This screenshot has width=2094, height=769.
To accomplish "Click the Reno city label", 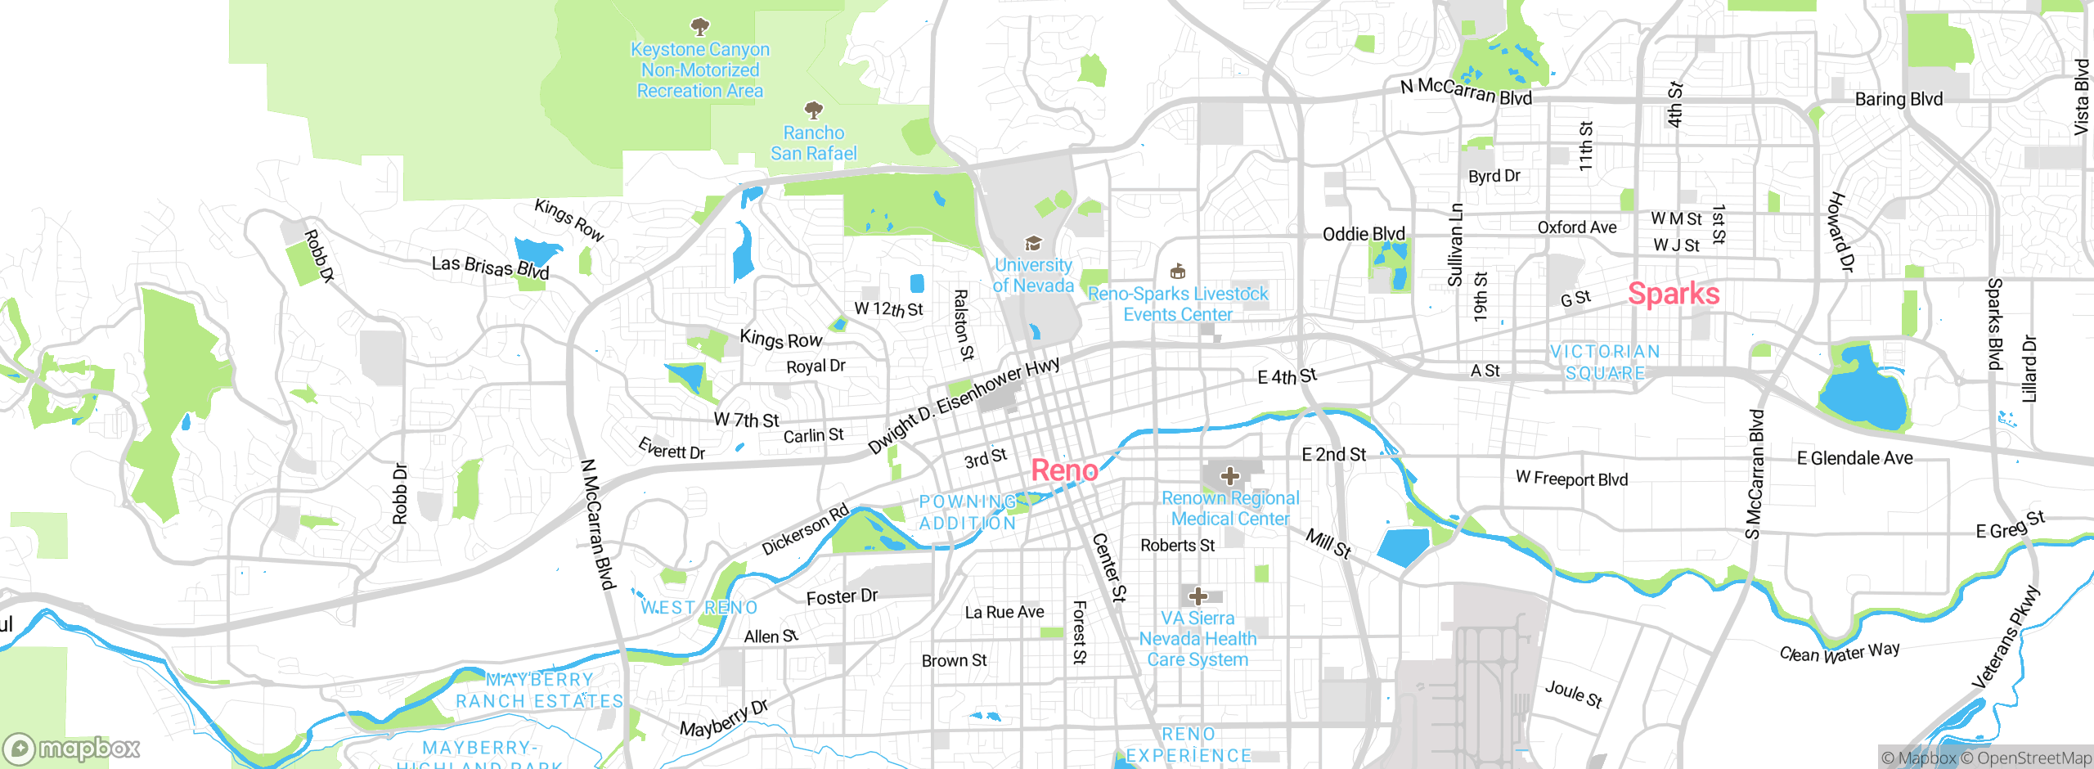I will (1064, 470).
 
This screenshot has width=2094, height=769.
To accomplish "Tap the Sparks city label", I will (1674, 294).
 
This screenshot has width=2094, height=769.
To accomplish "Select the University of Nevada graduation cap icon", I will (1033, 244).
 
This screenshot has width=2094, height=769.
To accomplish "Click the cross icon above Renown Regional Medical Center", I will (1229, 476).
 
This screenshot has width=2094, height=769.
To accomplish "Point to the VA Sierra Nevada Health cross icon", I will (1198, 596).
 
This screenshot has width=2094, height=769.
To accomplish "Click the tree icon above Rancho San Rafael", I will (813, 110).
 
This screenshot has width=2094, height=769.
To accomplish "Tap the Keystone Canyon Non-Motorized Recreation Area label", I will (700, 70).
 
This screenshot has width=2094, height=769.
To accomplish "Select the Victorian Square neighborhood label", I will (1605, 362).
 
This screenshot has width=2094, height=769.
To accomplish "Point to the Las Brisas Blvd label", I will (490, 267).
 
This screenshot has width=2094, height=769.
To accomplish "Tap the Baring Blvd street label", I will (1899, 99).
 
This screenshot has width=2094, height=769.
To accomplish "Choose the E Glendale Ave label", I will (1854, 458).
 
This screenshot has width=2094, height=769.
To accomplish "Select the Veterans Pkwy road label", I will (2006, 638).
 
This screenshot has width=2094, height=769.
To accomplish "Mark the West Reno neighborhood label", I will (699, 608).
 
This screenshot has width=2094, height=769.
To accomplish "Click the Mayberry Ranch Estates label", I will (540, 690).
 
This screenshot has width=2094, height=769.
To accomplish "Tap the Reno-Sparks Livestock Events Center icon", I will (1178, 271).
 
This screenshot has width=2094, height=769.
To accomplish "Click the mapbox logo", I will (72, 749).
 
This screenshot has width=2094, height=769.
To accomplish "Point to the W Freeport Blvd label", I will (1571, 479).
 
